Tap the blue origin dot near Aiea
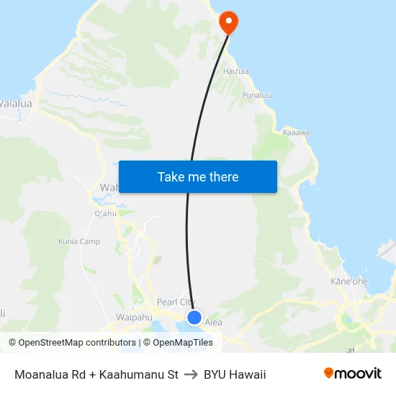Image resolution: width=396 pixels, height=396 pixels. tap(194, 317)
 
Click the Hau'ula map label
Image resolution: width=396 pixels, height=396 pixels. tap(236, 72)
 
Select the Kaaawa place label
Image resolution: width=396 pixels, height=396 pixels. tap(297, 133)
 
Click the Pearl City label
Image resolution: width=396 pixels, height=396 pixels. tap(176, 302)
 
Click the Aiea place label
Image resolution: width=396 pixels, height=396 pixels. tap(214, 323)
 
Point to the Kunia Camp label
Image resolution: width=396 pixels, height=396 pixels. tap(79, 241)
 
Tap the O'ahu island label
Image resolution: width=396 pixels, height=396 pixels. tap(105, 213)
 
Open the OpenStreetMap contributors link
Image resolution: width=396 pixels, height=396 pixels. tap(72, 343)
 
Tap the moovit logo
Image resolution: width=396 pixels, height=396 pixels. tap(353, 374)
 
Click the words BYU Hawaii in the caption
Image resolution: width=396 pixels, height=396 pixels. tap(235, 374)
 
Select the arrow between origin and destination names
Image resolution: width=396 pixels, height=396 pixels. tap(191, 374)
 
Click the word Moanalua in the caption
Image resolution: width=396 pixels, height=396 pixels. tap(42, 374)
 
